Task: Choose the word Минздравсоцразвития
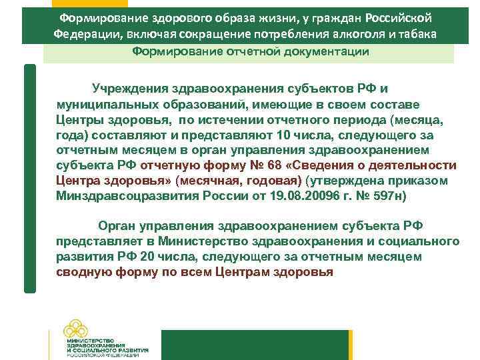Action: pos(118,196)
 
